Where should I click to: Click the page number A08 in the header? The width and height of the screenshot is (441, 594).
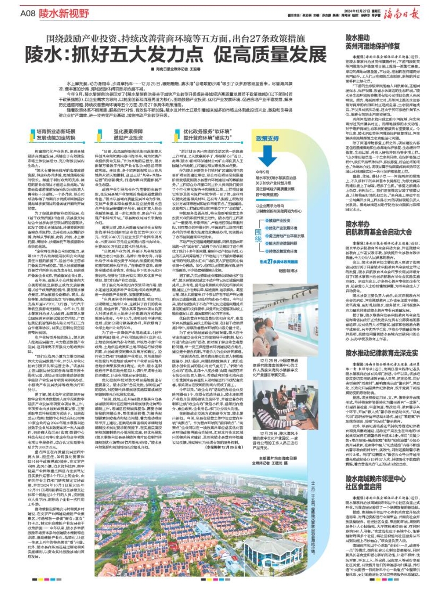click(28, 14)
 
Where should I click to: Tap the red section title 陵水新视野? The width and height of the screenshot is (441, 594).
click(64, 14)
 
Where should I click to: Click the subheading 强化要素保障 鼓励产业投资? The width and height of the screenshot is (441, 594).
click(128, 134)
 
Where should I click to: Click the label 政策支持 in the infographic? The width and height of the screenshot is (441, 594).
click(268, 138)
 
